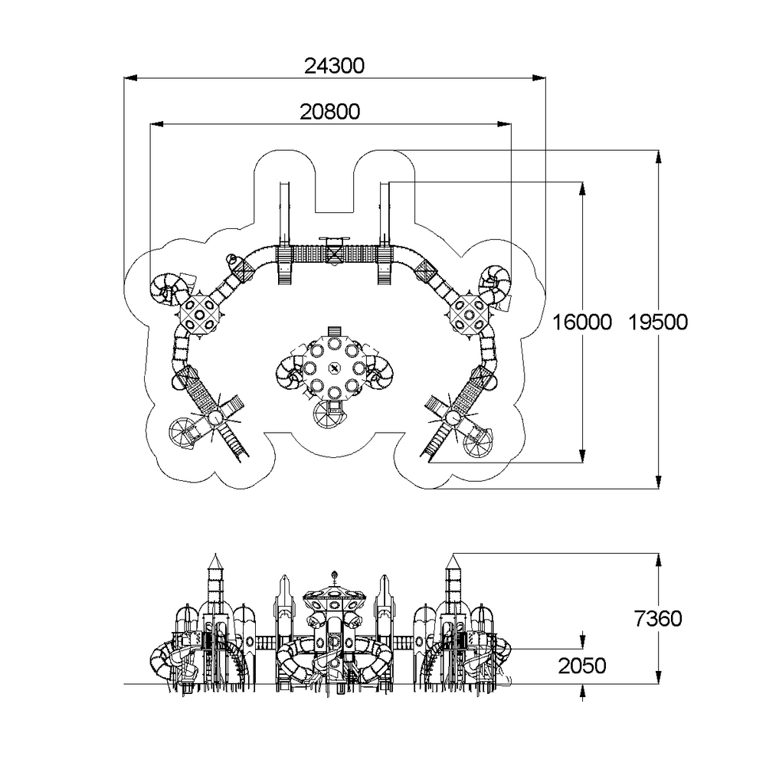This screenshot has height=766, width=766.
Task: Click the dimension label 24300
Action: click(x=334, y=66)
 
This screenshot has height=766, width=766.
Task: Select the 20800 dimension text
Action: click(x=329, y=112)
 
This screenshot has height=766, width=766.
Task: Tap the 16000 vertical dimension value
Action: click(x=582, y=322)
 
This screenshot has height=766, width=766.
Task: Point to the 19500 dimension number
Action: click(x=657, y=322)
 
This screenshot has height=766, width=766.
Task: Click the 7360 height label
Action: click(x=657, y=619)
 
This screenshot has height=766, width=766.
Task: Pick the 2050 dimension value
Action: click(x=582, y=666)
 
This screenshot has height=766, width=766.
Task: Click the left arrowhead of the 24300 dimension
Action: click(x=130, y=77)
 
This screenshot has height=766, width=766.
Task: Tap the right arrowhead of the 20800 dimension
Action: click(x=505, y=124)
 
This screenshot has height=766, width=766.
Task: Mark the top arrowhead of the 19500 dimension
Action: click(x=659, y=157)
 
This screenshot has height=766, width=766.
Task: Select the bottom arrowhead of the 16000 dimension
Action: click(x=582, y=456)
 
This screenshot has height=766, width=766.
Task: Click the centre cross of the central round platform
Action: click(x=334, y=368)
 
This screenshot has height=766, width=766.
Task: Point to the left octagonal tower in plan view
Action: click(x=199, y=313)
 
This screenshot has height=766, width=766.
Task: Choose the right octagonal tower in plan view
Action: click(x=469, y=313)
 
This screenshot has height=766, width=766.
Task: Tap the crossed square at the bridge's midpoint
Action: click(x=334, y=254)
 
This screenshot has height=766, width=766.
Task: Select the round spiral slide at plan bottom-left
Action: click(x=182, y=433)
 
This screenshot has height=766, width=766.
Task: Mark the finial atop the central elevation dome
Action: click(x=335, y=577)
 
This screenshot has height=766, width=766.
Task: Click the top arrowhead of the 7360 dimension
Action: click(x=659, y=561)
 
